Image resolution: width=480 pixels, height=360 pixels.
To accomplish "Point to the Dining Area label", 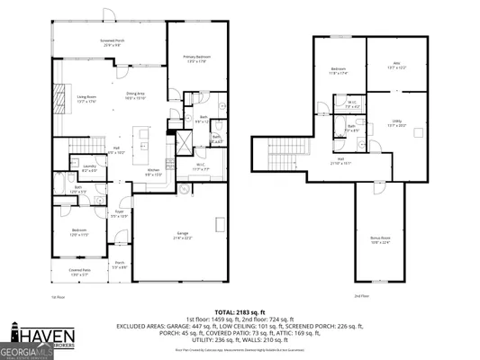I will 136,96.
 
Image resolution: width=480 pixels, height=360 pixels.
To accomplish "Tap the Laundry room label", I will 90,167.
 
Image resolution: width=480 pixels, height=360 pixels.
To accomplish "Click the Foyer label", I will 118,214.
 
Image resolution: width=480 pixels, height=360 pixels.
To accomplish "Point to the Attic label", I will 396,65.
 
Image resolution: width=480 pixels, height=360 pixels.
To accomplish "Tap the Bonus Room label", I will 381,239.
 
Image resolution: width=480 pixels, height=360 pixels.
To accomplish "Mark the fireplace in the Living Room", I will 60,96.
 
